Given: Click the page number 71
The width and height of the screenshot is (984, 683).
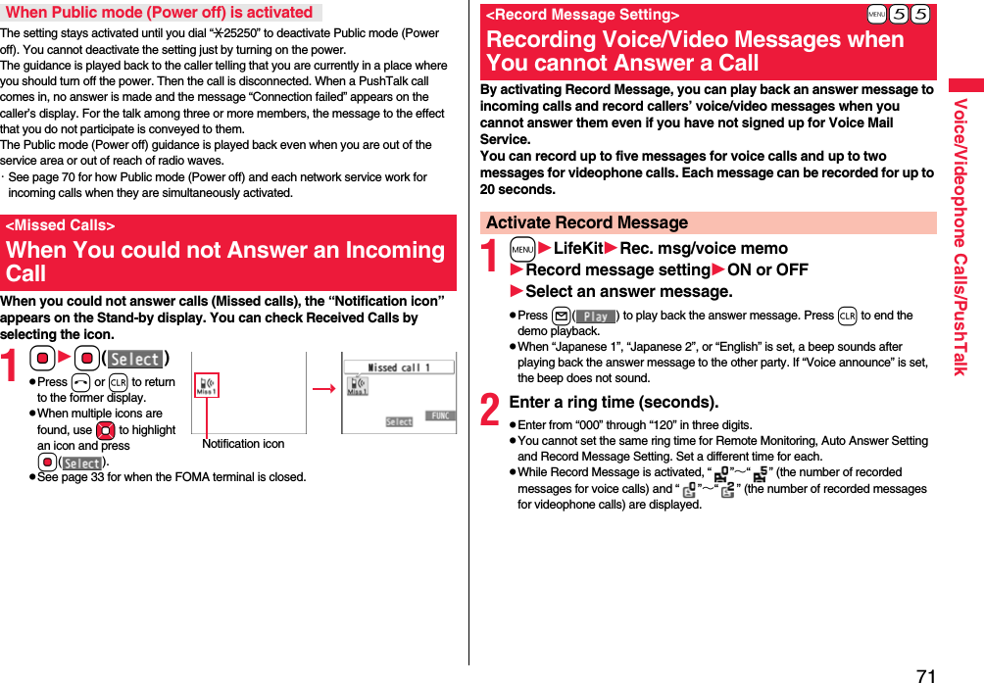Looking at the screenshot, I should tap(926, 674).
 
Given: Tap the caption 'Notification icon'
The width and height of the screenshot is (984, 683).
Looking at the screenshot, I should tap(243, 444).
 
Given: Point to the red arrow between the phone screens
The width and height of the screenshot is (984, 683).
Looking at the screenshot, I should tap(322, 388).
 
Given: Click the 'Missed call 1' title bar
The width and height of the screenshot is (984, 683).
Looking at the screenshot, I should tap(398, 367).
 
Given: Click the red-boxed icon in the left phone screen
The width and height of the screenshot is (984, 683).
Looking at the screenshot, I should tap(206, 386).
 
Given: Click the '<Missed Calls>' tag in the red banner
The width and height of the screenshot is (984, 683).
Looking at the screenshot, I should tap(60, 225).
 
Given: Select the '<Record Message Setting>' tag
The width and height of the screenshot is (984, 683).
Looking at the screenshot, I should tap(582, 15).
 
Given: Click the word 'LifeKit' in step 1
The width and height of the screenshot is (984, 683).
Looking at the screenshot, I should tap(578, 248).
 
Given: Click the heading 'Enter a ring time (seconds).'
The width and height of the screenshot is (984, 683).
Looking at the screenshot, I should tap(614, 402).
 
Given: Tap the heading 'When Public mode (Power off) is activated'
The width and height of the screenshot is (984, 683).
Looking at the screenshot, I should tap(159, 13).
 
